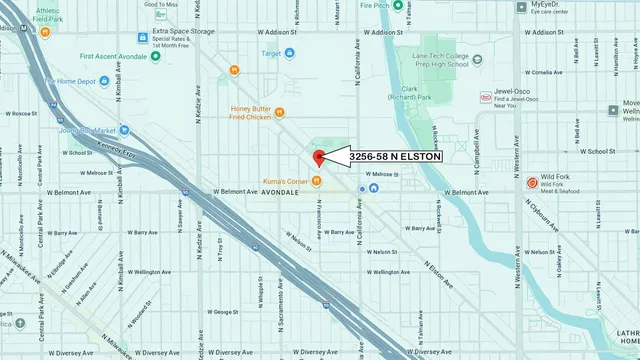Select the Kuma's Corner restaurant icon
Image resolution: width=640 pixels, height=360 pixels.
click(x=316, y=181)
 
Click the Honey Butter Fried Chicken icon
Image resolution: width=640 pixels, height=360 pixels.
click(x=279, y=112)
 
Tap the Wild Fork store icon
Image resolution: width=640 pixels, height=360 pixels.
click(x=532, y=183)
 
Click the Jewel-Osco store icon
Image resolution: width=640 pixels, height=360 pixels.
click(x=486, y=98)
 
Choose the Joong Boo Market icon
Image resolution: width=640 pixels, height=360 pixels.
click(x=124, y=130)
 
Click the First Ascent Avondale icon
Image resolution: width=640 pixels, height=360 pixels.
click(x=156, y=57)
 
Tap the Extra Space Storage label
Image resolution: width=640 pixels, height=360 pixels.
click(x=184, y=31)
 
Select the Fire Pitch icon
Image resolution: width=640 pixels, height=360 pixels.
click(x=397, y=5)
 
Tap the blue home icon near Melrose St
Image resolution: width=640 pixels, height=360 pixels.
click(x=373, y=187)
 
